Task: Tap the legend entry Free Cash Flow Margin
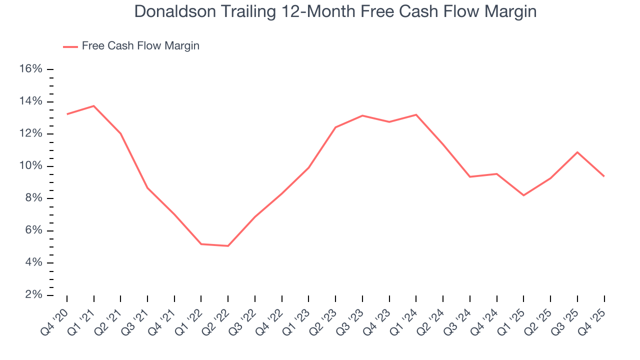[140, 46]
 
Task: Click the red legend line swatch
[70, 46]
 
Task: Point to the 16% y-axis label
[30, 69]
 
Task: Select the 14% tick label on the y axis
[30, 101]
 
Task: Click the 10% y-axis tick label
[30, 166]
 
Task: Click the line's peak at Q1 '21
[94, 106]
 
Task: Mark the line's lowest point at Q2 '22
[228, 246]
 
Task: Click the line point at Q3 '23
[362, 115]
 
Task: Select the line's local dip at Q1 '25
[523, 195]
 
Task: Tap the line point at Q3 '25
[577, 152]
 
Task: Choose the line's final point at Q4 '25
[604, 176]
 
